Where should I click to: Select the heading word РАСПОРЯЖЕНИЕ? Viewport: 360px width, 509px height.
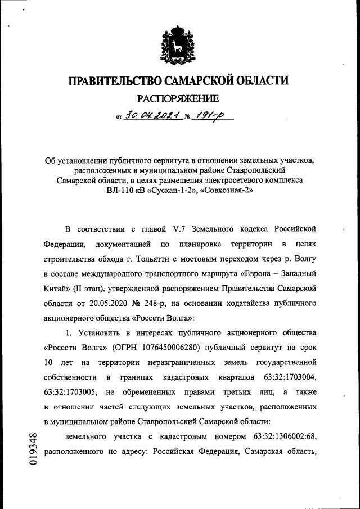point(179,99)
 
